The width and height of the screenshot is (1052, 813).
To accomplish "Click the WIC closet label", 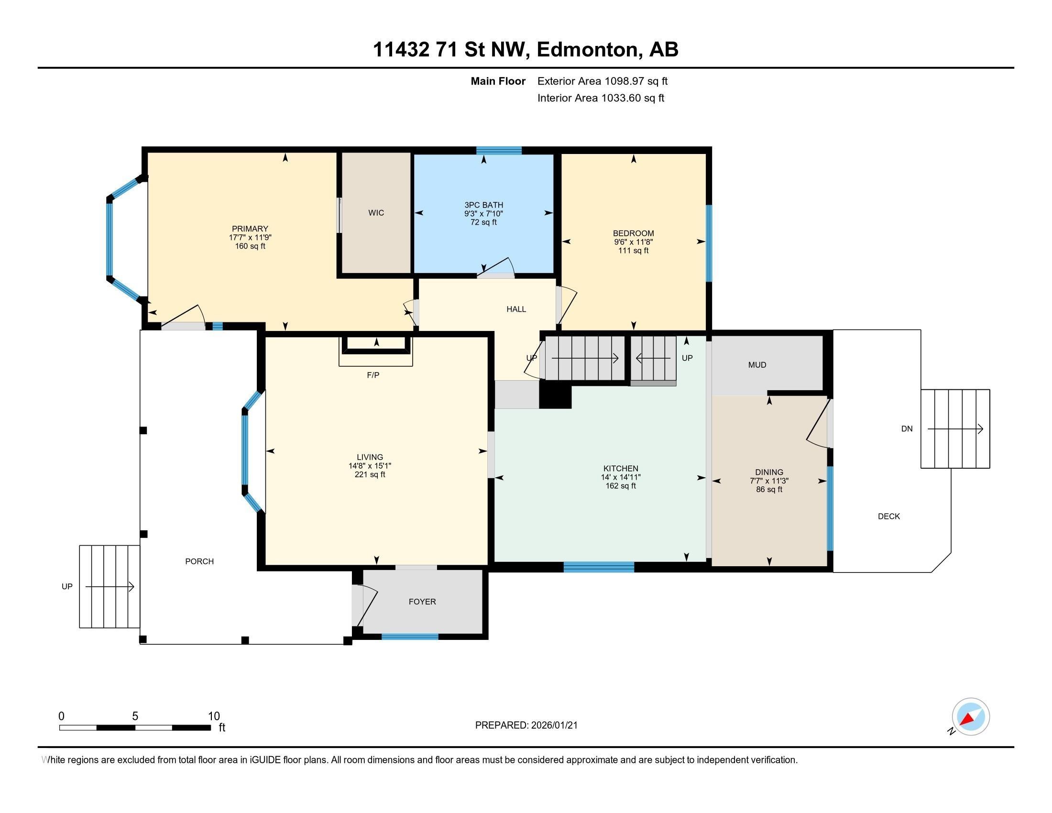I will [376, 213].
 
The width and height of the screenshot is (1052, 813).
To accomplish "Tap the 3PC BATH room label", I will [483, 205].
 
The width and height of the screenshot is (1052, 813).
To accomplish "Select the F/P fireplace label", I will [373, 375].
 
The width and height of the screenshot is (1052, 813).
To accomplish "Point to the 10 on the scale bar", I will [213, 716].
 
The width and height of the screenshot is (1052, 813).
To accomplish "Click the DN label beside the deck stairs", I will [907, 428].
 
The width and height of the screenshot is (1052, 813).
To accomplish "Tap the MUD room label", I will [757, 365].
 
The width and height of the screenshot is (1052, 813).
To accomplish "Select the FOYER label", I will [422, 602].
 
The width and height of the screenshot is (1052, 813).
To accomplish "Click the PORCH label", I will [199, 561].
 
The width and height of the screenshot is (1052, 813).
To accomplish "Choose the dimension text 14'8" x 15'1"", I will [370, 466].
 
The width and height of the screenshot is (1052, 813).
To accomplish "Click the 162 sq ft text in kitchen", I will [620, 486].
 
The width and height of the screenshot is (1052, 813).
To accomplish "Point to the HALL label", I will [516, 309].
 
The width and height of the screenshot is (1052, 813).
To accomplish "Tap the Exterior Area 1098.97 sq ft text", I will [602, 81].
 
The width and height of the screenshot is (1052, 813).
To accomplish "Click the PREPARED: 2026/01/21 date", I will [526, 725].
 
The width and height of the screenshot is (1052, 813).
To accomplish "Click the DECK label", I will [889, 516].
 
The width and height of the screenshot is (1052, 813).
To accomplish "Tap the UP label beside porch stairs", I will [67, 587].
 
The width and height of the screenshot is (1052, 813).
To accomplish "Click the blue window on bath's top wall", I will [499, 150].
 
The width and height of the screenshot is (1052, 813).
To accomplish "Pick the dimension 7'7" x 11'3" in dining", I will [769, 481].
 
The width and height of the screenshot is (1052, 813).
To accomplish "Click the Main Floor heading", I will [498, 81].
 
